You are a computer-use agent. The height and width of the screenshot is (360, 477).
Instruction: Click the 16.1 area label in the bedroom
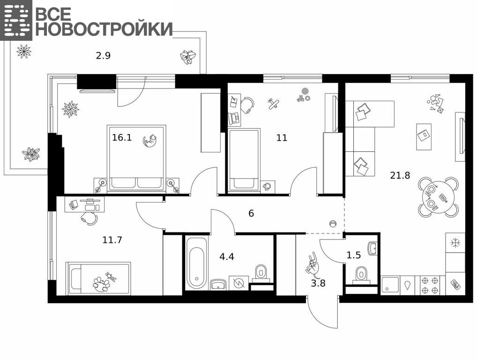pyautogui.click(x=122, y=137)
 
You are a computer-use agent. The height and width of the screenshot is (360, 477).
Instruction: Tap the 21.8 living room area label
pyautogui.click(x=400, y=175)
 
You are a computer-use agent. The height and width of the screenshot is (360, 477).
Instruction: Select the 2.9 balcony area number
pyautogui.click(x=103, y=56)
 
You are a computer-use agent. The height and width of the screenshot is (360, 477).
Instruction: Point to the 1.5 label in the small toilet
pyautogui.click(x=353, y=255)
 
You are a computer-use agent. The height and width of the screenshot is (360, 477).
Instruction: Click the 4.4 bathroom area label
pyautogui.click(x=227, y=256)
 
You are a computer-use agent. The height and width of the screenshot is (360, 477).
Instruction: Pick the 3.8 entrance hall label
pyautogui.click(x=318, y=283)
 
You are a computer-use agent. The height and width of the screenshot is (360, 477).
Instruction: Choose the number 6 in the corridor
pyautogui.click(x=251, y=213)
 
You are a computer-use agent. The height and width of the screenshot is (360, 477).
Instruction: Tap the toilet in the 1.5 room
pyautogui.click(x=361, y=275)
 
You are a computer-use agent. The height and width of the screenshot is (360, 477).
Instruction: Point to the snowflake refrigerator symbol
pyautogui.click(x=455, y=243)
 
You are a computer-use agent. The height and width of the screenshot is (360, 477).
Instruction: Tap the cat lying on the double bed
pyautogui.click(x=150, y=141)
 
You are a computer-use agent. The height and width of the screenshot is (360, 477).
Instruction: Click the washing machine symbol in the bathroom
pyautogui.click(x=239, y=284)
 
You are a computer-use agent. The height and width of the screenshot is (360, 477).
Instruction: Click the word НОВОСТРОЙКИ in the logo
pyautogui.click(x=104, y=29)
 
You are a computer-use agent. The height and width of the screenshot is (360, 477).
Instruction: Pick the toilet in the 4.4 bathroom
pyautogui.click(x=261, y=272)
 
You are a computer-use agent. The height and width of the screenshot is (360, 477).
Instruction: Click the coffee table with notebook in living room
pyautogui.click(x=424, y=136)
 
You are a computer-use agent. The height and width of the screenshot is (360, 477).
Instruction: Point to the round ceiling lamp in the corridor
pyautogui.click(x=333, y=224)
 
